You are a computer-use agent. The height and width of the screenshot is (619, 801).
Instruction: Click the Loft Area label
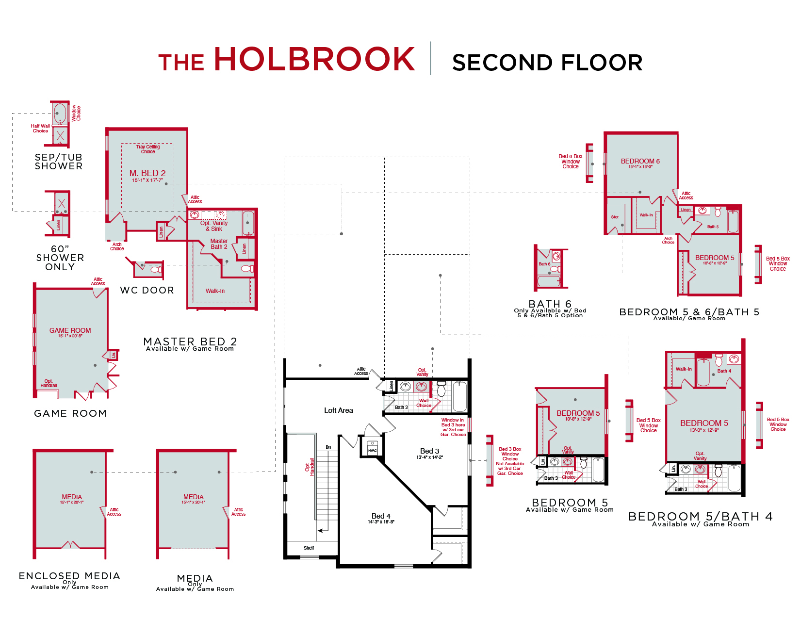[338, 410]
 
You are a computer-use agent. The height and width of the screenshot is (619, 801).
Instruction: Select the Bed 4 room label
[381, 516]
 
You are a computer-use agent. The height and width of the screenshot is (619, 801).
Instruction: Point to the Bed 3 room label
[429, 451]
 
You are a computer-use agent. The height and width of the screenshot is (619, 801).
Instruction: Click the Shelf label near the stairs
[309, 548]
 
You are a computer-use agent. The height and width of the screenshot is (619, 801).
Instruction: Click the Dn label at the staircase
[328, 447]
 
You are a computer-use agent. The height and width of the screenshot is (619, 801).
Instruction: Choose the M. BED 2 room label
[147, 173]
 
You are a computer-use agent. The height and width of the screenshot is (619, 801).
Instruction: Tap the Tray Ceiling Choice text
[148, 149]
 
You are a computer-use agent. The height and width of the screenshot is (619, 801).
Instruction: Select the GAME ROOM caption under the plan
[70, 413]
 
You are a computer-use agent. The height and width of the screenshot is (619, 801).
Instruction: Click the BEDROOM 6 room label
[640, 161]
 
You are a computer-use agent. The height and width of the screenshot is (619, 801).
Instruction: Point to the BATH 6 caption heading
[550, 304]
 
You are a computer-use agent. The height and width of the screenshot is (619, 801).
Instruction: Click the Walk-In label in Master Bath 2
[215, 291]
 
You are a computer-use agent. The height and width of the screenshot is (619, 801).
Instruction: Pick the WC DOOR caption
[147, 290]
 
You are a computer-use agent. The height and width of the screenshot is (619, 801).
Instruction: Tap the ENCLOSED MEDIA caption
[69, 576]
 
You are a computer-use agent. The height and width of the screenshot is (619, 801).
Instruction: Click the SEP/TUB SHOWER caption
[59, 162]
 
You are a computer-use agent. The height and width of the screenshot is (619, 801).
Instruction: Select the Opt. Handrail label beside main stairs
[310, 466]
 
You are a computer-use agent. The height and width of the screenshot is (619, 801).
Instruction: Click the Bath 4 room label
[724, 371]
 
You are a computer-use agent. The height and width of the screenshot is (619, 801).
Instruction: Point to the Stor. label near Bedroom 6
[615, 217]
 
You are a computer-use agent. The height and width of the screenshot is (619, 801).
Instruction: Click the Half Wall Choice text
[40, 128]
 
